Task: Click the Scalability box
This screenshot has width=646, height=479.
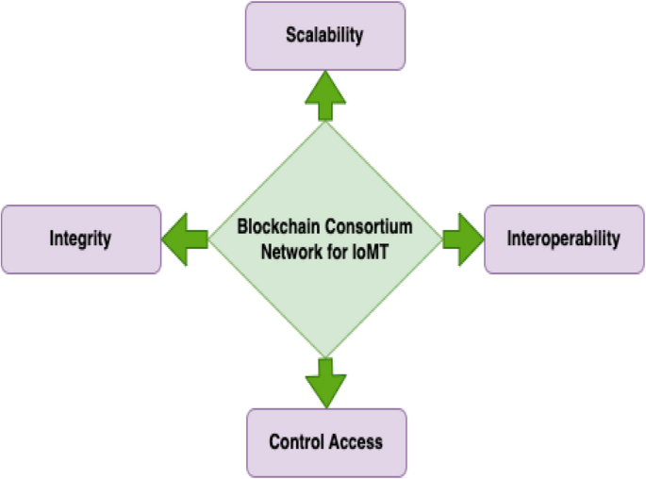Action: tap(325, 35)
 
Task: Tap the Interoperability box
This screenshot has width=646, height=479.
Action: tap(564, 239)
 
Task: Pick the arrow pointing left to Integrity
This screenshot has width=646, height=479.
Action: tap(185, 239)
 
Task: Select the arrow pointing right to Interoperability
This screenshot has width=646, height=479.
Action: tap(462, 239)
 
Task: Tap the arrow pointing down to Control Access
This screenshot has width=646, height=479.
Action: tap(325, 380)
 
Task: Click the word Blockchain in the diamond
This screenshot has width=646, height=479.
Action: tap(275, 227)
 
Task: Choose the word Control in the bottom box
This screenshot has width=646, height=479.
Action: tap(297, 441)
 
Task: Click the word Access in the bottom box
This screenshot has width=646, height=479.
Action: tap(356, 441)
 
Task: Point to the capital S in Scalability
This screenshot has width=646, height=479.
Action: tap(291, 36)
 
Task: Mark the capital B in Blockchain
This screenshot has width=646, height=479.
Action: tap(240, 227)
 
